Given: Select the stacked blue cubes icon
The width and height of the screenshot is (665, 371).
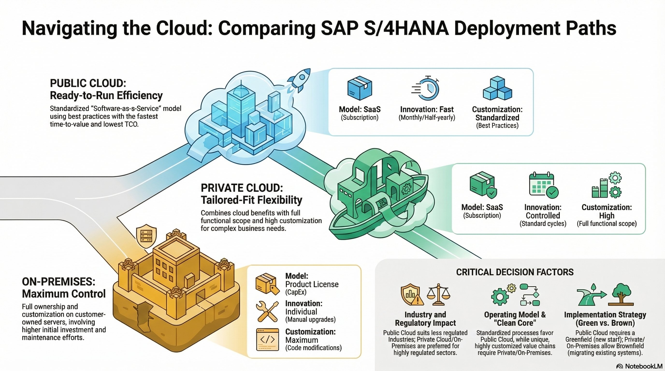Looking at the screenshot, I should [497, 88].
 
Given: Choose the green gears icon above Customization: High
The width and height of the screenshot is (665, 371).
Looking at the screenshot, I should [607, 185].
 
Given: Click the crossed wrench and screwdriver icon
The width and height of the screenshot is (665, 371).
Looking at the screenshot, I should [267, 311].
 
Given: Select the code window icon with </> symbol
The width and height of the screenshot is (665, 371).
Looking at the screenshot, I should [267, 340].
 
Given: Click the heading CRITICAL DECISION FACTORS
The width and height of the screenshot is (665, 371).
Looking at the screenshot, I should [515, 272].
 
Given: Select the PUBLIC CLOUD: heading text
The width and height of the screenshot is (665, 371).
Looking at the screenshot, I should [88, 83].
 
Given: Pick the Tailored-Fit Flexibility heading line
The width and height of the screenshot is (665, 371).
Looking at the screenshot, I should [252, 200].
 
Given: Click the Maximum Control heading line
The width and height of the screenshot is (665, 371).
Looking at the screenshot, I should [64, 294].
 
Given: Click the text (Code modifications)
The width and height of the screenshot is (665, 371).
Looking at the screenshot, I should [313, 348].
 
